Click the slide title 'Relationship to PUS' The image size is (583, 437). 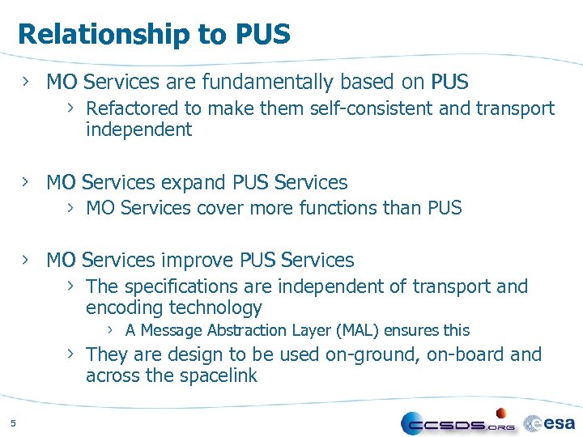154,34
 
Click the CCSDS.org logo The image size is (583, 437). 458,423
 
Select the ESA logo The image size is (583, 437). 550,422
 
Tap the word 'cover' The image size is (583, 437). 218,208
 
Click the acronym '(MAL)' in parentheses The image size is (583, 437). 360,330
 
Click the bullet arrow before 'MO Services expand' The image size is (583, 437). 26,182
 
